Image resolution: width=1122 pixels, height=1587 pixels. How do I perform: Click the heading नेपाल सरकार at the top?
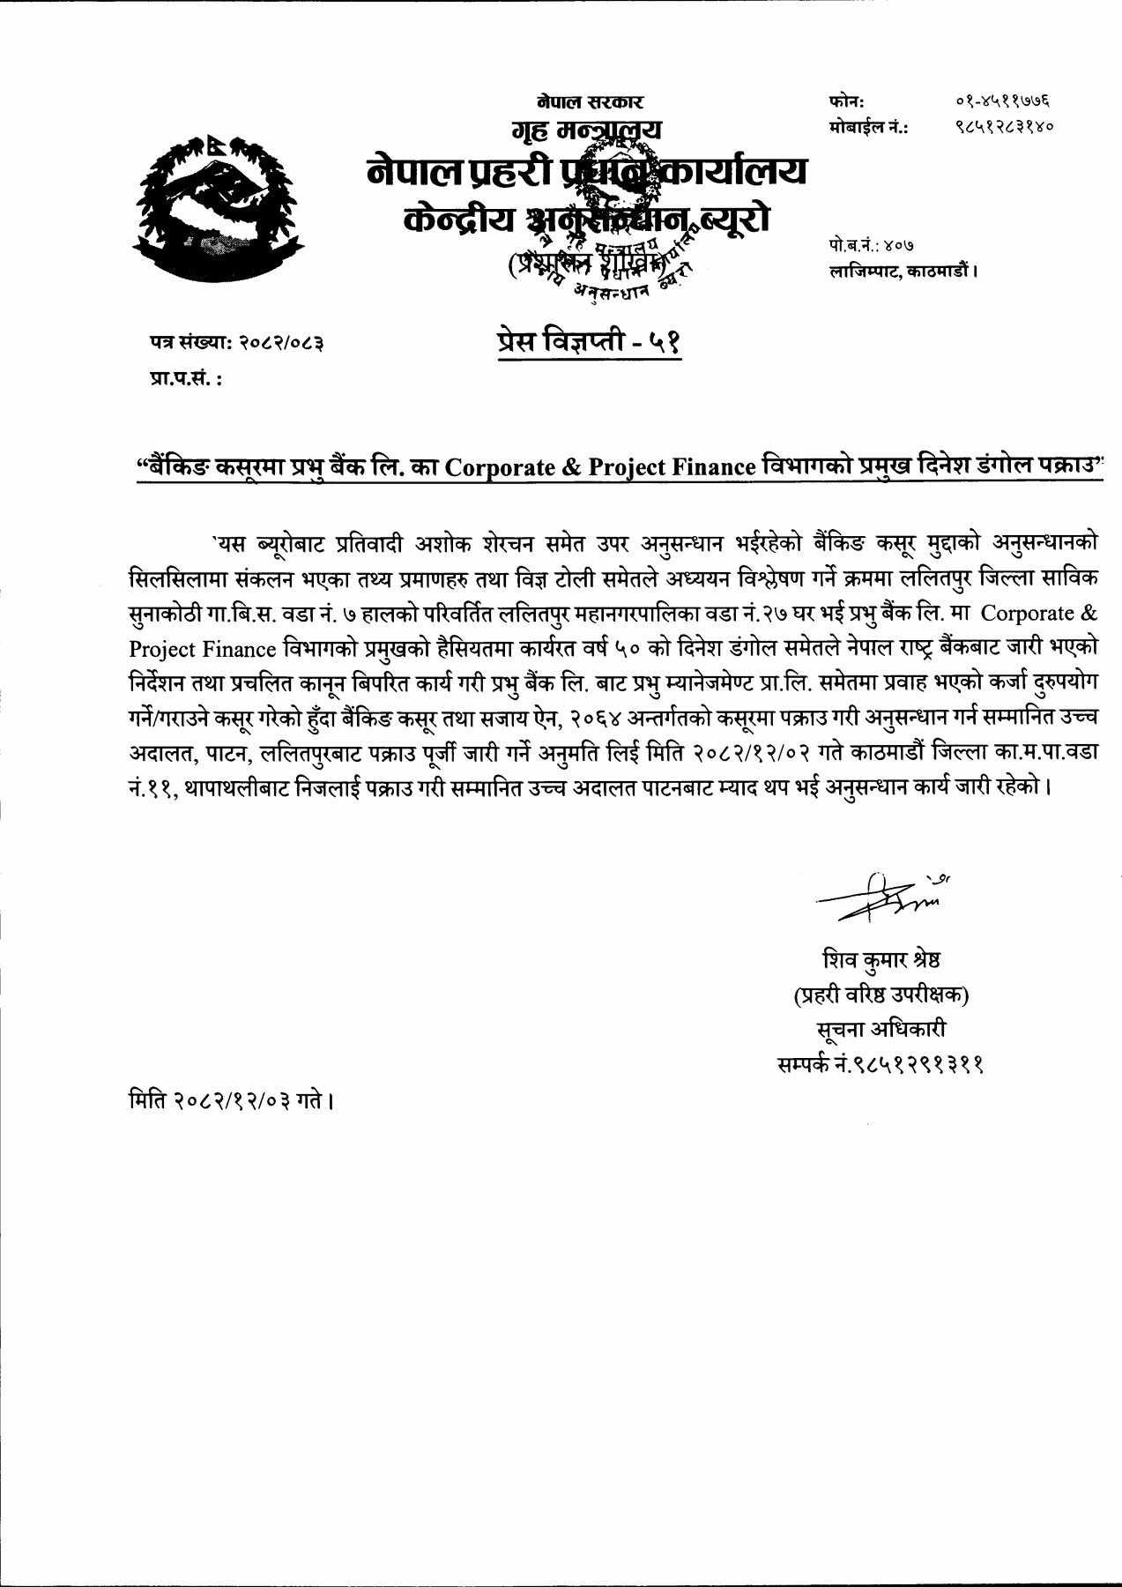pos(590,103)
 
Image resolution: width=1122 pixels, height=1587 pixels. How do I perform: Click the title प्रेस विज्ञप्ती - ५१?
pos(588,341)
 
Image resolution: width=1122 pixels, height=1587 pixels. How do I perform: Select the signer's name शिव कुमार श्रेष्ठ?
pos(881,959)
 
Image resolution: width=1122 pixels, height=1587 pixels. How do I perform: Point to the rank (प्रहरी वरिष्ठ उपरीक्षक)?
pos(881,995)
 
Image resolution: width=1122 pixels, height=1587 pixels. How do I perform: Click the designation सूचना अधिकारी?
pos(881,1030)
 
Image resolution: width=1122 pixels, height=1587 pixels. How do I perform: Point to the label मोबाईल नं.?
pos(869,127)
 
